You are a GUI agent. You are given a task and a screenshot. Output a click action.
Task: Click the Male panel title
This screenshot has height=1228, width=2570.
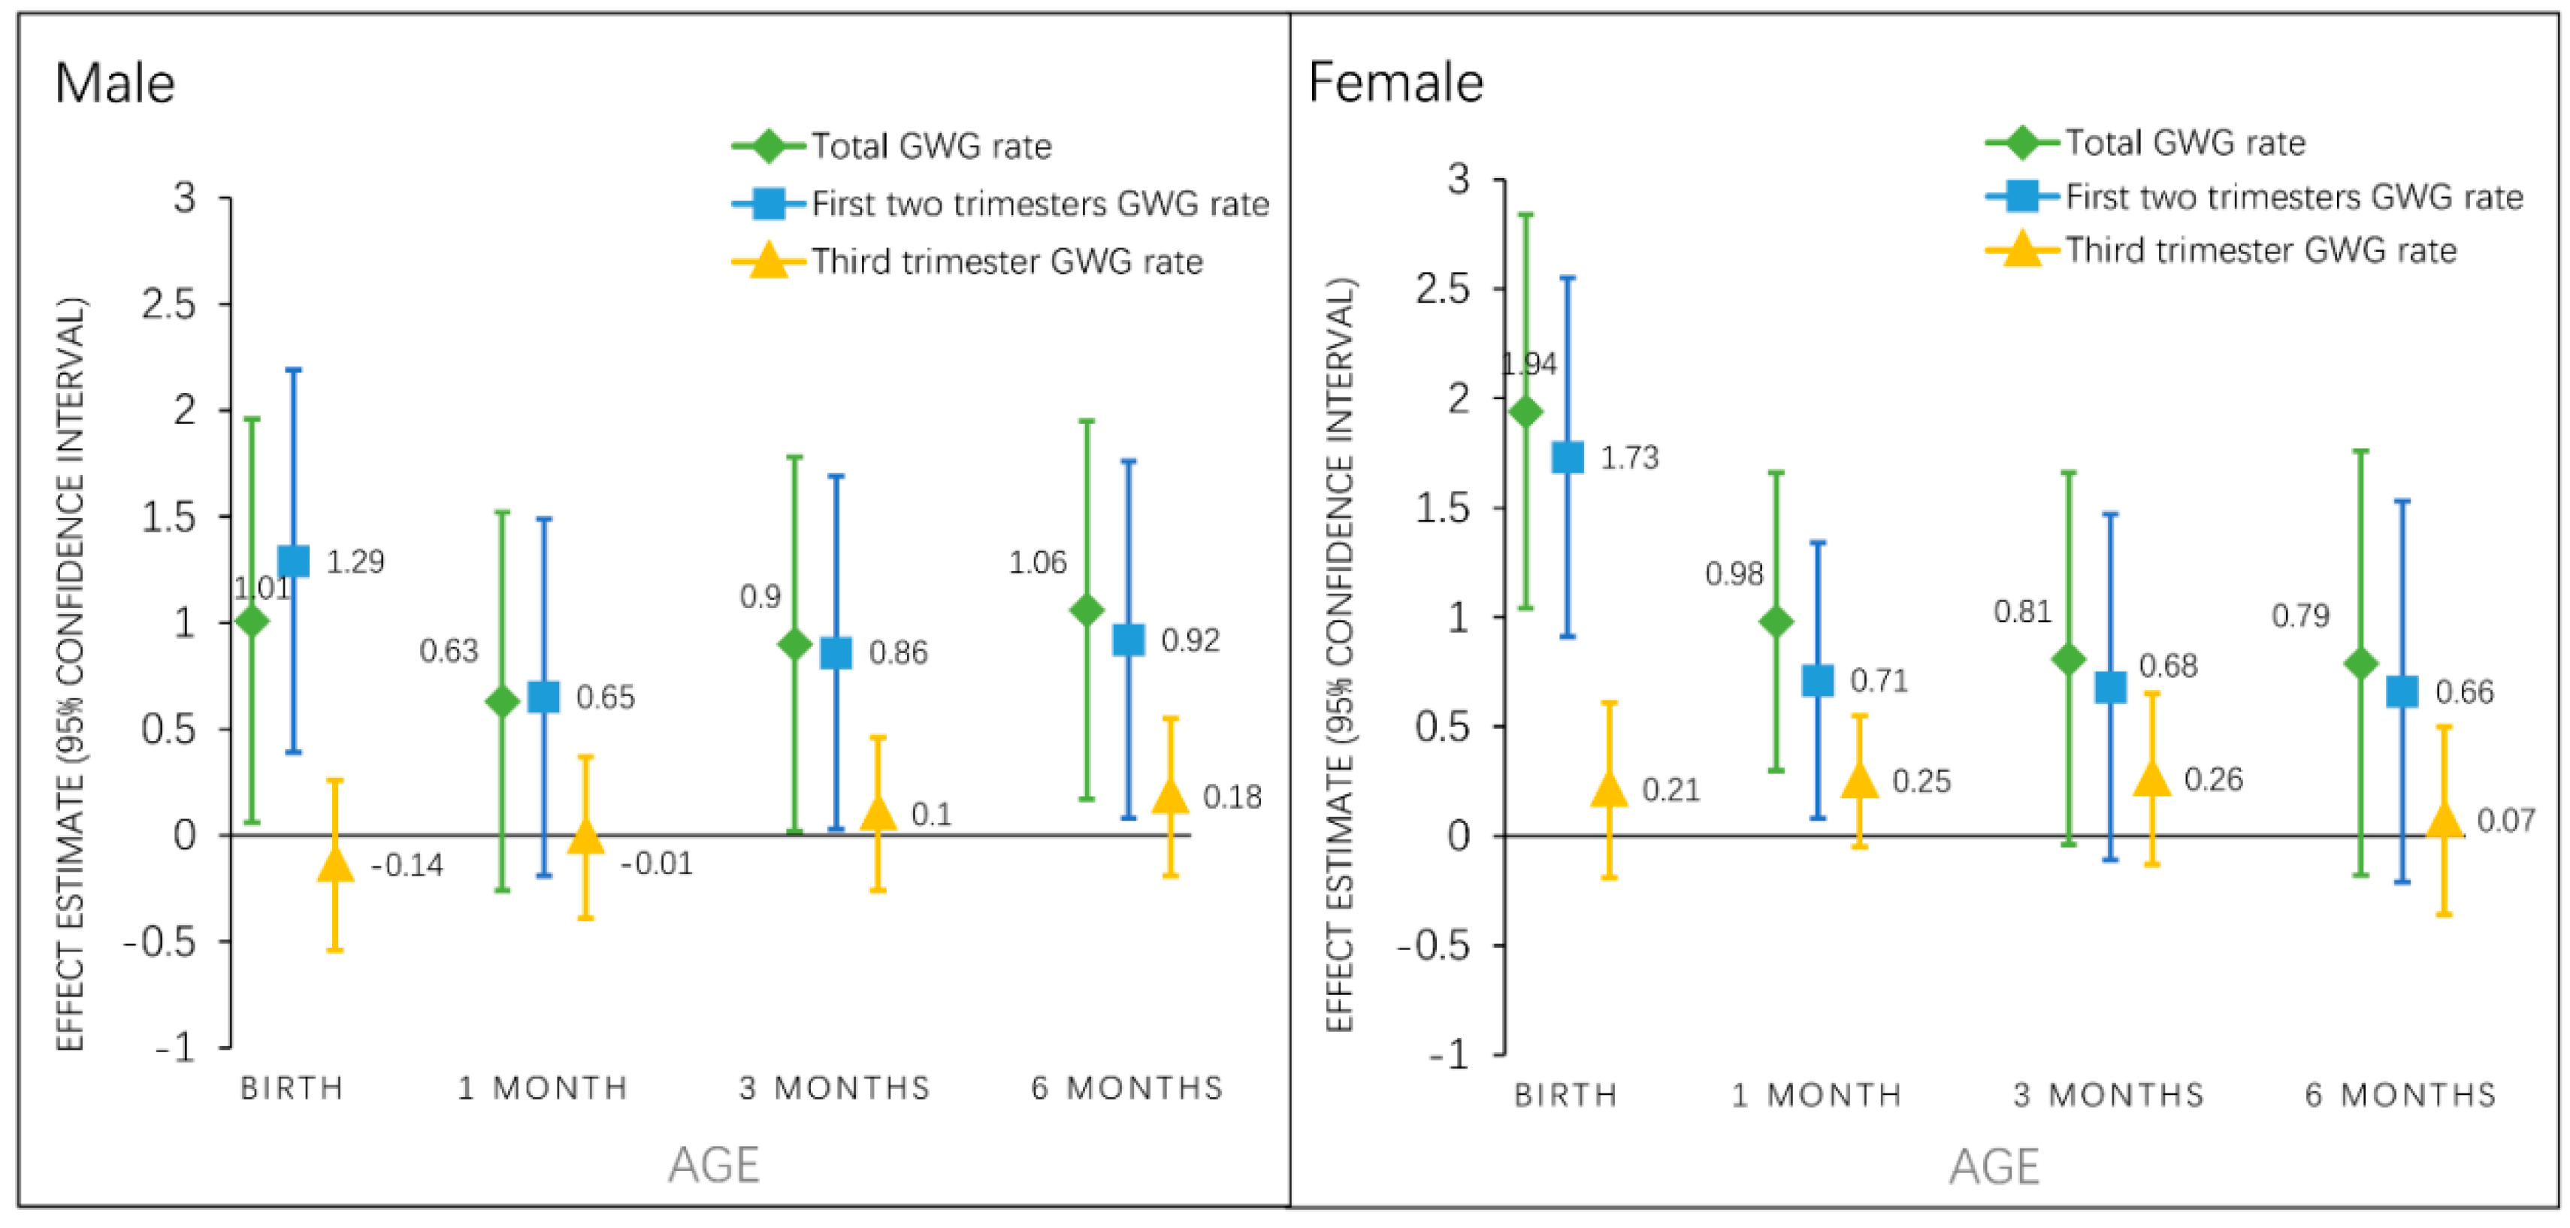point(115,83)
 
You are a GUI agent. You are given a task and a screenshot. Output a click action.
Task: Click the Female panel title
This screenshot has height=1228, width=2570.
point(1395,82)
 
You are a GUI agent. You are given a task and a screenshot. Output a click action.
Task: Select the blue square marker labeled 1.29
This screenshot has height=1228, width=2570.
point(293,561)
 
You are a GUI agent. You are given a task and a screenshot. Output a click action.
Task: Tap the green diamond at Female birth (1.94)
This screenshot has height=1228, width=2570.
point(1525,412)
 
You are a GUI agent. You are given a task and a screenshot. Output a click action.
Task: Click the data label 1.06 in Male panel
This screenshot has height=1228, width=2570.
point(1038,563)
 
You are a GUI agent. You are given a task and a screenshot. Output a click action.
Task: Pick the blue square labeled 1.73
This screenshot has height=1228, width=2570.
point(1568,458)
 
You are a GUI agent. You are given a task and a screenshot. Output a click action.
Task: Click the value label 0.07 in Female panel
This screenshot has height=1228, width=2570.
point(2505,821)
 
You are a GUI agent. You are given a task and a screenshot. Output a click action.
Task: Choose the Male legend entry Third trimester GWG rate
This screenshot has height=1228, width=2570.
point(1005,262)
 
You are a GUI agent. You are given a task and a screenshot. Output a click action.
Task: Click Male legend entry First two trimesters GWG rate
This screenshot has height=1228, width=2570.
point(1039,204)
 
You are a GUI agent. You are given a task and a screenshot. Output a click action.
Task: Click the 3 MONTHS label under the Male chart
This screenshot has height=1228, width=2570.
point(834,1087)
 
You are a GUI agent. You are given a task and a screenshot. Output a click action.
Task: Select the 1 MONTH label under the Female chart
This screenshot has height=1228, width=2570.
point(1816,1095)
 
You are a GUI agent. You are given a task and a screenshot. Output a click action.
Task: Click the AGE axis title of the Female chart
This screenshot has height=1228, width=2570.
point(1994,1166)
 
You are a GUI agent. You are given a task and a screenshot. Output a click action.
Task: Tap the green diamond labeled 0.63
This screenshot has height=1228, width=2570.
point(502,701)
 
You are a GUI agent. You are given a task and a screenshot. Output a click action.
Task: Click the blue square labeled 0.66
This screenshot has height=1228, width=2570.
point(2402,691)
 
